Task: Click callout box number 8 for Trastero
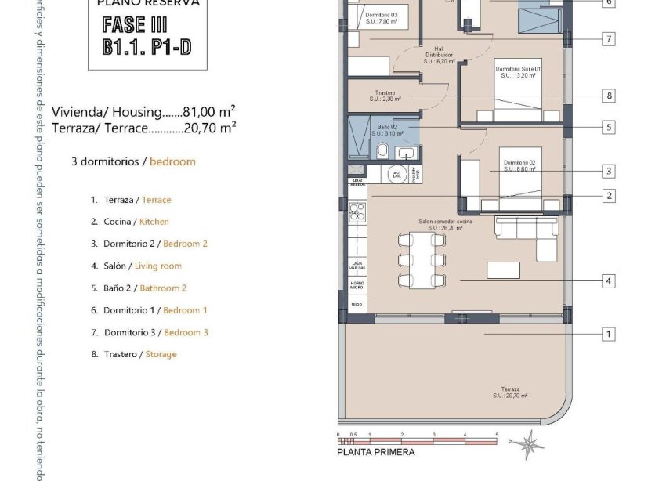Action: click(609, 96)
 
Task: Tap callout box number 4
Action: click(609, 280)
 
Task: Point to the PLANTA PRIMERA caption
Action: click(375, 452)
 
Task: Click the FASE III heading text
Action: click(136, 24)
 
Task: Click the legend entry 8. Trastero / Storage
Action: click(139, 354)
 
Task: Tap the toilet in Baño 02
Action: click(382, 150)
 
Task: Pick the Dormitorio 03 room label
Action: click(382, 18)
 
